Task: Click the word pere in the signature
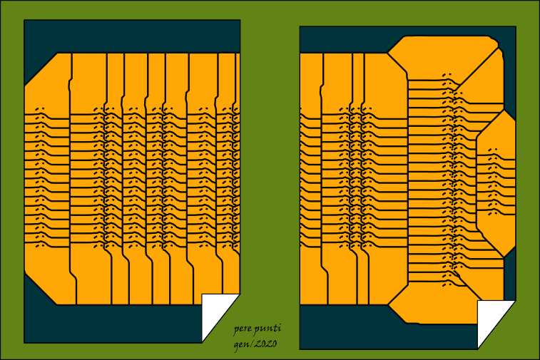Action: pos(244,329)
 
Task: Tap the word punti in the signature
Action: pos(269,329)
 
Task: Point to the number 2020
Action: pos(265,344)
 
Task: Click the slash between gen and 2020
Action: pos(252,344)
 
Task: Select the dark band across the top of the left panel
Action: pos(132,36)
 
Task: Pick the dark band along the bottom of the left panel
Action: pos(114,324)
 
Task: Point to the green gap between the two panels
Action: pos(270,178)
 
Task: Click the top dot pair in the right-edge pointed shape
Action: pos(492,150)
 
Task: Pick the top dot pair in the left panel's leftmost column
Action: pos(41,109)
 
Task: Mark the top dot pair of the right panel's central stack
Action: pos(447,75)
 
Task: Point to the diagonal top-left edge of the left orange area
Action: pos(40,69)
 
